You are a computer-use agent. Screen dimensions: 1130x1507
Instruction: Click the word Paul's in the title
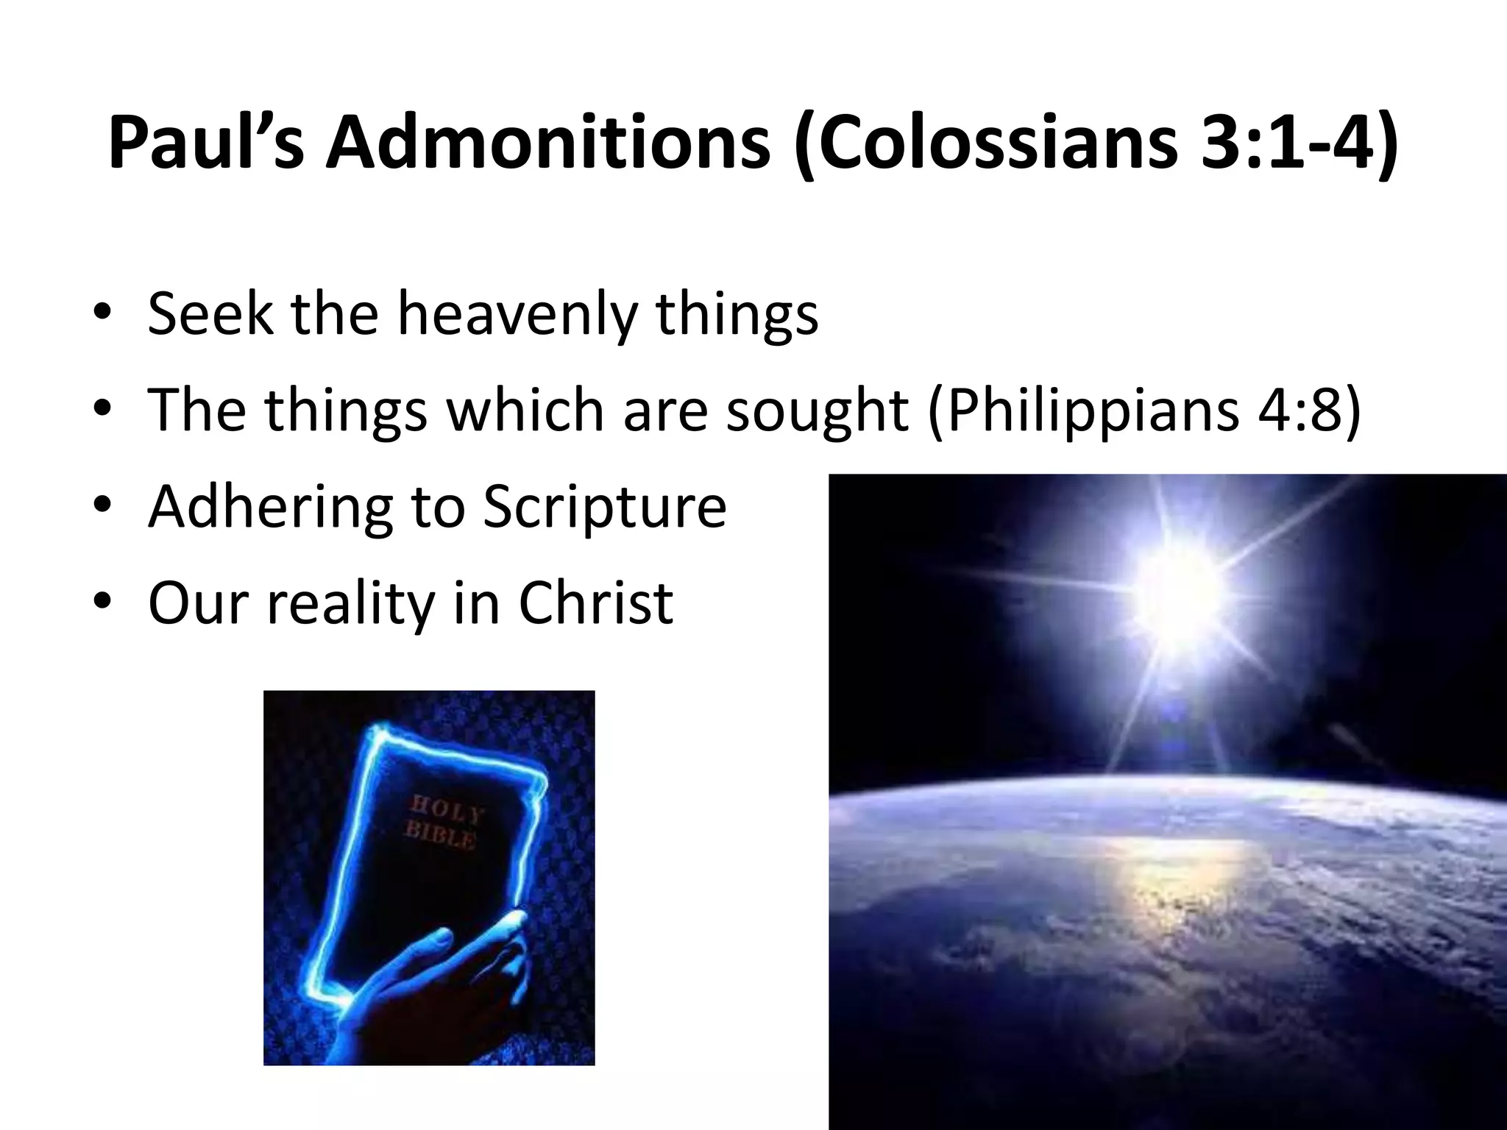pyautogui.click(x=206, y=142)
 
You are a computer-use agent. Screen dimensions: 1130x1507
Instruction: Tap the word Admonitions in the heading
pyautogui.click(x=548, y=142)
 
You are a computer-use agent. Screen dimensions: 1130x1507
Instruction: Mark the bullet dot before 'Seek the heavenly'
pyautogui.click(x=102, y=316)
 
